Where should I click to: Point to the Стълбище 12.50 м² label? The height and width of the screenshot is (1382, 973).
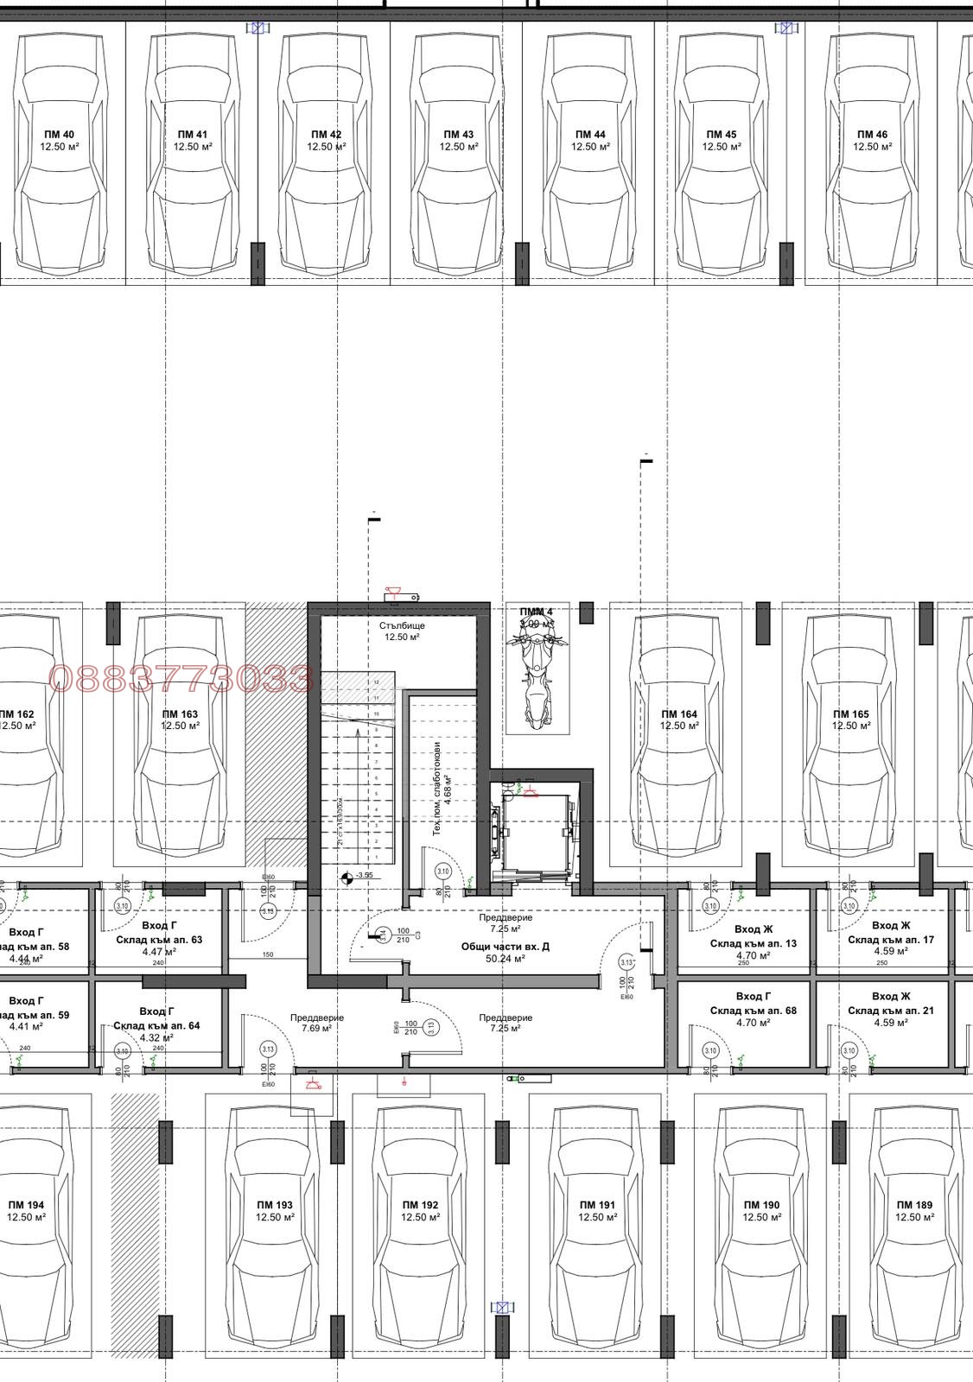pyautogui.click(x=402, y=631)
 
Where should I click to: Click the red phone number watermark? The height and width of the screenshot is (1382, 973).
pyautogui.click(x=181, y=679)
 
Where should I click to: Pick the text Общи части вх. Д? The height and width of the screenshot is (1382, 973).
pyautogui.click(x=506, y=947)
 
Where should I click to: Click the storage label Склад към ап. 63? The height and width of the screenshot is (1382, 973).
pyautogui.click(x=159, y=939)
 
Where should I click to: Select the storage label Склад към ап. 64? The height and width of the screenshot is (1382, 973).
pyautogui.click(x=156, y=1025)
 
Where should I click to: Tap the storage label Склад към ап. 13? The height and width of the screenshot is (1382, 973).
pyautogui.click(x=754, y=943)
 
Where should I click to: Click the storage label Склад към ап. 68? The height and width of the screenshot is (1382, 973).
pyautogui.click(x=754, y=1010)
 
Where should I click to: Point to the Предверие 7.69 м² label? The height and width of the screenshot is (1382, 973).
pyautogui.click(x=316, y=1023)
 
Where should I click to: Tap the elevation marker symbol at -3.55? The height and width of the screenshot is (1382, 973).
pyautogui.click(x=347, y=878)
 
